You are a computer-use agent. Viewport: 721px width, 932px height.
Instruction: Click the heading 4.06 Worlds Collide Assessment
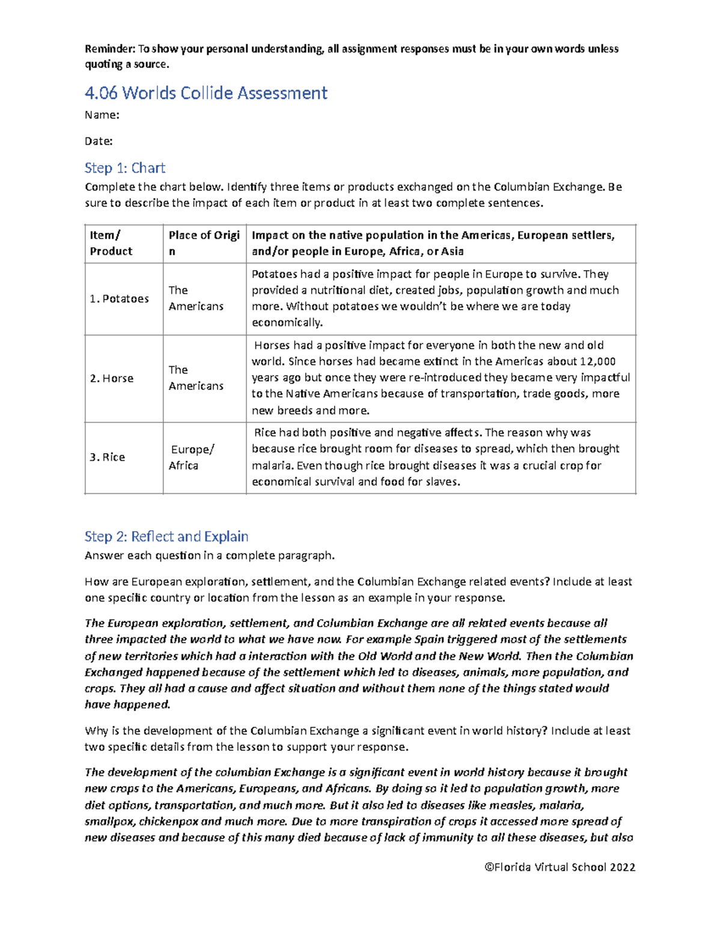click(205, 93)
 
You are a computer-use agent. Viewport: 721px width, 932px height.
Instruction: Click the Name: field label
click(102, 115)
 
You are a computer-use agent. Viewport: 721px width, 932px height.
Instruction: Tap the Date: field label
click(99, 142)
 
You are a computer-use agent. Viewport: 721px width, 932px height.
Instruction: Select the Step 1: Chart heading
click(124, 168)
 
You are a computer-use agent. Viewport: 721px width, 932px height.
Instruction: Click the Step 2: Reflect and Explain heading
click(166, 537)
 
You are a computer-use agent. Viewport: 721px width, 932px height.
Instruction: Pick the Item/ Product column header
click(111, 243)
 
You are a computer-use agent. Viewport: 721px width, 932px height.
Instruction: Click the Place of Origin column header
click(204, 243)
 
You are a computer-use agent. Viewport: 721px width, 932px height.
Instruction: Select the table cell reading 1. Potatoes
click(120, 299)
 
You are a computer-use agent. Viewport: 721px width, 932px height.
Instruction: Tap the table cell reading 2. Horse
click(112, 379)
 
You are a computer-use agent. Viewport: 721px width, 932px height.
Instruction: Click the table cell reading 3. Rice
click(108, 457)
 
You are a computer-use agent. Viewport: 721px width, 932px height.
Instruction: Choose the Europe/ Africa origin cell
click(192, 457)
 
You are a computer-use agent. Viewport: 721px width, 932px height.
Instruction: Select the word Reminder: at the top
click(110, 49)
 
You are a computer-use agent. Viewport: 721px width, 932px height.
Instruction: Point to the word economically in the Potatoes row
click(287, 323)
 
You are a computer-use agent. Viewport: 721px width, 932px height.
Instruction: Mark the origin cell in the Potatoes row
click(196, 298)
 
